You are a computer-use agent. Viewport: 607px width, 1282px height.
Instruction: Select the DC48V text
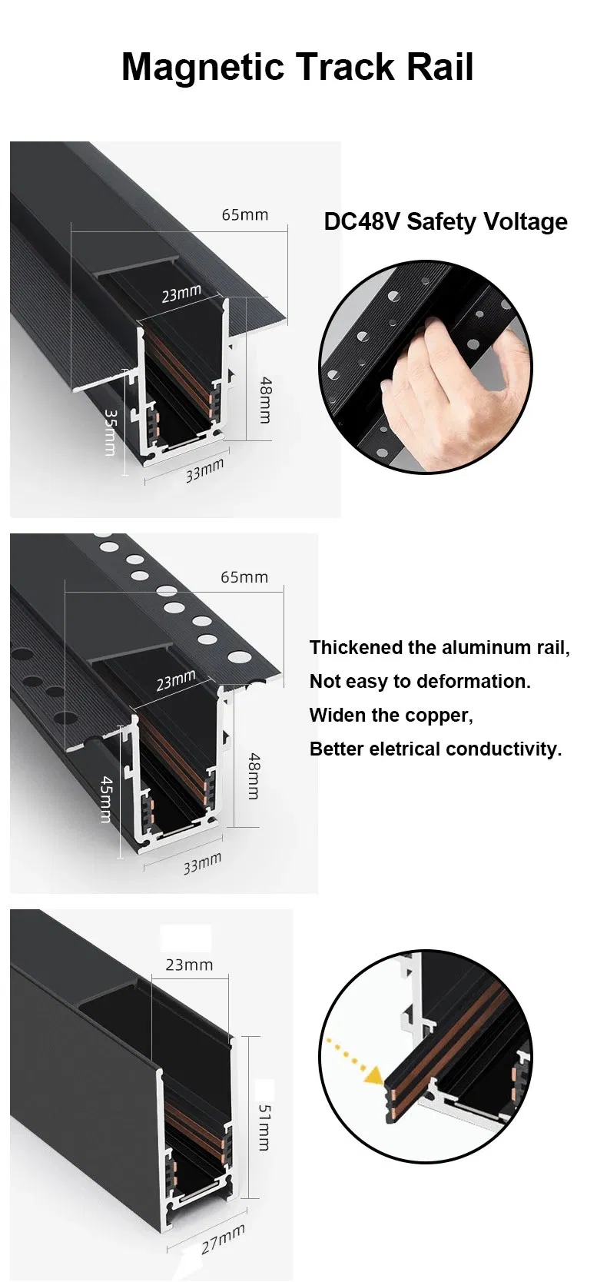tap(362, 221)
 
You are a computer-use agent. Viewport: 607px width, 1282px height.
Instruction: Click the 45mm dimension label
tap(108, 799)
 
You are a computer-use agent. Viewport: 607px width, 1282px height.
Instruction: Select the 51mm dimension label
tap(263, 1128)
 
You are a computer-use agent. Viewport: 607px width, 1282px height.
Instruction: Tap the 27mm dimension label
tap(223, 1239)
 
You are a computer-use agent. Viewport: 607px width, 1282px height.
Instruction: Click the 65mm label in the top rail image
tap(245, 214)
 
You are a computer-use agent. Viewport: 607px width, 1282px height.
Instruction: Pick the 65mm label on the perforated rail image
tap(244, 576)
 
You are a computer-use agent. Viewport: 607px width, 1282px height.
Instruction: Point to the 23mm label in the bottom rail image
tap(189, 964)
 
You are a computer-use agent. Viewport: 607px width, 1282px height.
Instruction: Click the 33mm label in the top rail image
tap(205, 470)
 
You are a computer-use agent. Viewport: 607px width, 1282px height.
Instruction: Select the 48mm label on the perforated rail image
tap(253, 776)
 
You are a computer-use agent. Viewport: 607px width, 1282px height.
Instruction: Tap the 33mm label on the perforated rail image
tap(202, 864)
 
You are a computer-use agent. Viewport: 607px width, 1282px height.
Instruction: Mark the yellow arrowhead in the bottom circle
tap(374, 1078)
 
